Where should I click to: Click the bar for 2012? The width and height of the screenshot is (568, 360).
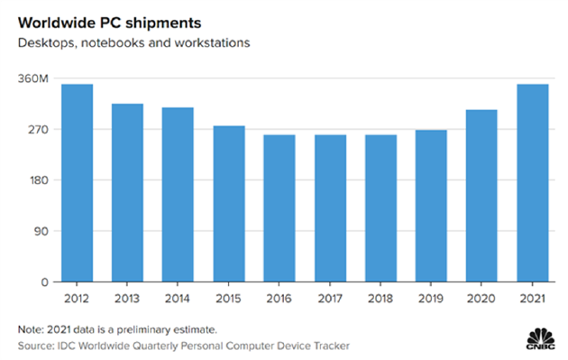(x=77, y=182)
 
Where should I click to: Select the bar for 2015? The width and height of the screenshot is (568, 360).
(x=229, y=203)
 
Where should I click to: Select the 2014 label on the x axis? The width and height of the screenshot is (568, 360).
(x=179, y=297)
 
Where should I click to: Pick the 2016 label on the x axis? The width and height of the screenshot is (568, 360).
(x=279, y=297)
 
